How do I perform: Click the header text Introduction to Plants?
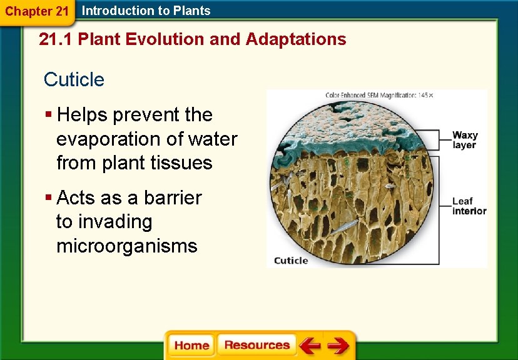(x=146, y=11)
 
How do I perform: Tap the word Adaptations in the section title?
(x=296, y=39)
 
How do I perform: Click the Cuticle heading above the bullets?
(x=74, y=79)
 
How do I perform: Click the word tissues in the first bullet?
(x=183, y=163)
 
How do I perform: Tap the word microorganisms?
(x=126, y=246)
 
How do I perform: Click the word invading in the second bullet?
(x=104, y=222)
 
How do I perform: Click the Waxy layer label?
(x=464, y=140)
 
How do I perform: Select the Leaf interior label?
(x=469, y=206)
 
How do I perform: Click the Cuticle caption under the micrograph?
(x=291, y=261)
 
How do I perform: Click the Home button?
(x=191, y=345)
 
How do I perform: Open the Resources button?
(x=256, y=345)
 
